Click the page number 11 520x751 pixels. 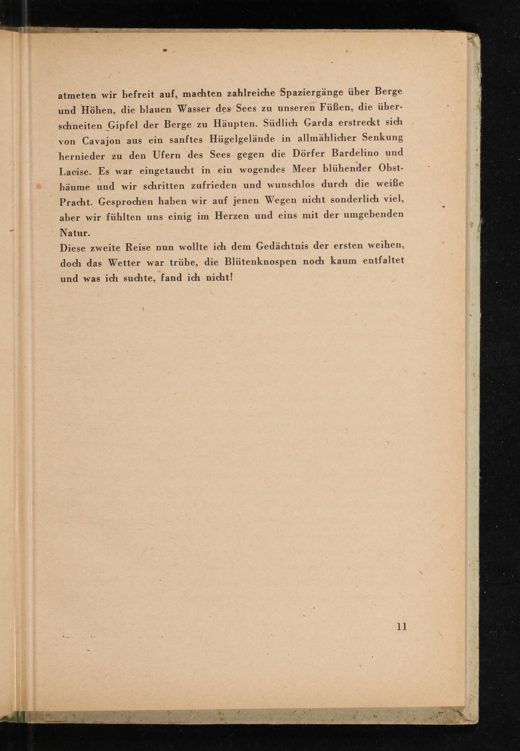click(x=401, y=627)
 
